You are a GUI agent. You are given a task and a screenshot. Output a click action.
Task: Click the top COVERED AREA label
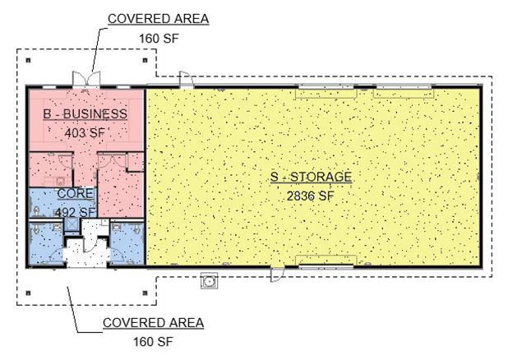(158, 19)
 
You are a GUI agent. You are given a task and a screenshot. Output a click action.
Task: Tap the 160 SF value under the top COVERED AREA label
(159, 39)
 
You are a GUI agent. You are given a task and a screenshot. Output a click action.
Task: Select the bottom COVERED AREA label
(153, 323)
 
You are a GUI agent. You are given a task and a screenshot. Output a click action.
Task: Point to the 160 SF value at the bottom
(153, 342)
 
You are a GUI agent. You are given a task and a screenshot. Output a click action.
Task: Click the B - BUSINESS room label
(85, 113)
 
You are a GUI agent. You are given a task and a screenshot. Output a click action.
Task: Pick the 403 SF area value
(85, 132)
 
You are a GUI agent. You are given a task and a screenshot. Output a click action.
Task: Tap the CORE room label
(76, 193)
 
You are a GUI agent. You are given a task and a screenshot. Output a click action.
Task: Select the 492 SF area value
(76, 213)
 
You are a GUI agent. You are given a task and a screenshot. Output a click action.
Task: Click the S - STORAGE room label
(311, 177)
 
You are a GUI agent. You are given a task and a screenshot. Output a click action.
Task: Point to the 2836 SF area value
(310, 196)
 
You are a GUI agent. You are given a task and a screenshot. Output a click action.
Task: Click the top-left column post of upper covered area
(29, 60)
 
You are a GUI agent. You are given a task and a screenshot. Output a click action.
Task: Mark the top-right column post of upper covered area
(145, 60)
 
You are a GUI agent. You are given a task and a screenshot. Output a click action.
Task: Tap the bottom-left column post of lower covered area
(29, 293)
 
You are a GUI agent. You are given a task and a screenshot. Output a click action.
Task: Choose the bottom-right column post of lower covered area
(145, 293)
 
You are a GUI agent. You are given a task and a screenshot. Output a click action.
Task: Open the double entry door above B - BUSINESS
(86, 80)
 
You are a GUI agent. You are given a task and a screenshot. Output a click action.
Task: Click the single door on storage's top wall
(187, 80)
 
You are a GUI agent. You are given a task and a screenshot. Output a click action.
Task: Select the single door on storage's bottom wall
(277, 275)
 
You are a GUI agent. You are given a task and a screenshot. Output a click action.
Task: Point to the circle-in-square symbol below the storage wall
(209, 280)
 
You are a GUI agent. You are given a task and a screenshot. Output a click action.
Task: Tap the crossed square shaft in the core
(72, 224)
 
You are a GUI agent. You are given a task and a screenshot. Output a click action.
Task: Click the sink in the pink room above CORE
(60, 180)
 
